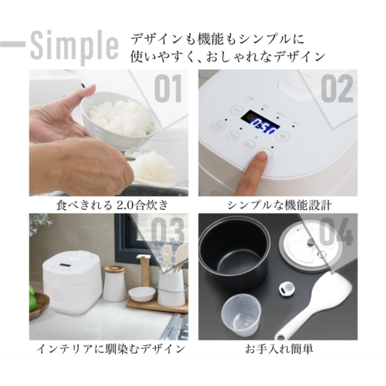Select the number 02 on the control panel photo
[336, 88]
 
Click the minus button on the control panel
[232, 136]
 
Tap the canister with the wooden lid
[115, 283]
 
